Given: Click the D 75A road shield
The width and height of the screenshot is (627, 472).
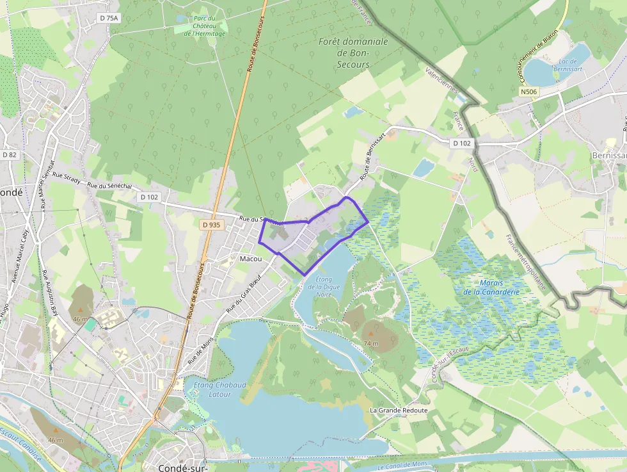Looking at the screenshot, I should tap(109, 19).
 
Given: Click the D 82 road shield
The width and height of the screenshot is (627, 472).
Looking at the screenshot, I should tap(9, 155).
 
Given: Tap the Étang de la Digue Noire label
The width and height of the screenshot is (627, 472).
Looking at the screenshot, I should tap(324, 288).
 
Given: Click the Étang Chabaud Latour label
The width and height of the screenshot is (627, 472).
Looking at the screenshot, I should tap(219, 389).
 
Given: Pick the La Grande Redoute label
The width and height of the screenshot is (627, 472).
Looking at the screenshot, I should tap(398, 410).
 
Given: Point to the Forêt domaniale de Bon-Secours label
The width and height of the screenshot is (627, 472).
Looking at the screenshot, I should tap(353, 53).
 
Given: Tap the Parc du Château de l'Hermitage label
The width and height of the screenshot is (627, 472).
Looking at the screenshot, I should tap(205, 25).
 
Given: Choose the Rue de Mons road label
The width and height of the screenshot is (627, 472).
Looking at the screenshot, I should tap(200, 352).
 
